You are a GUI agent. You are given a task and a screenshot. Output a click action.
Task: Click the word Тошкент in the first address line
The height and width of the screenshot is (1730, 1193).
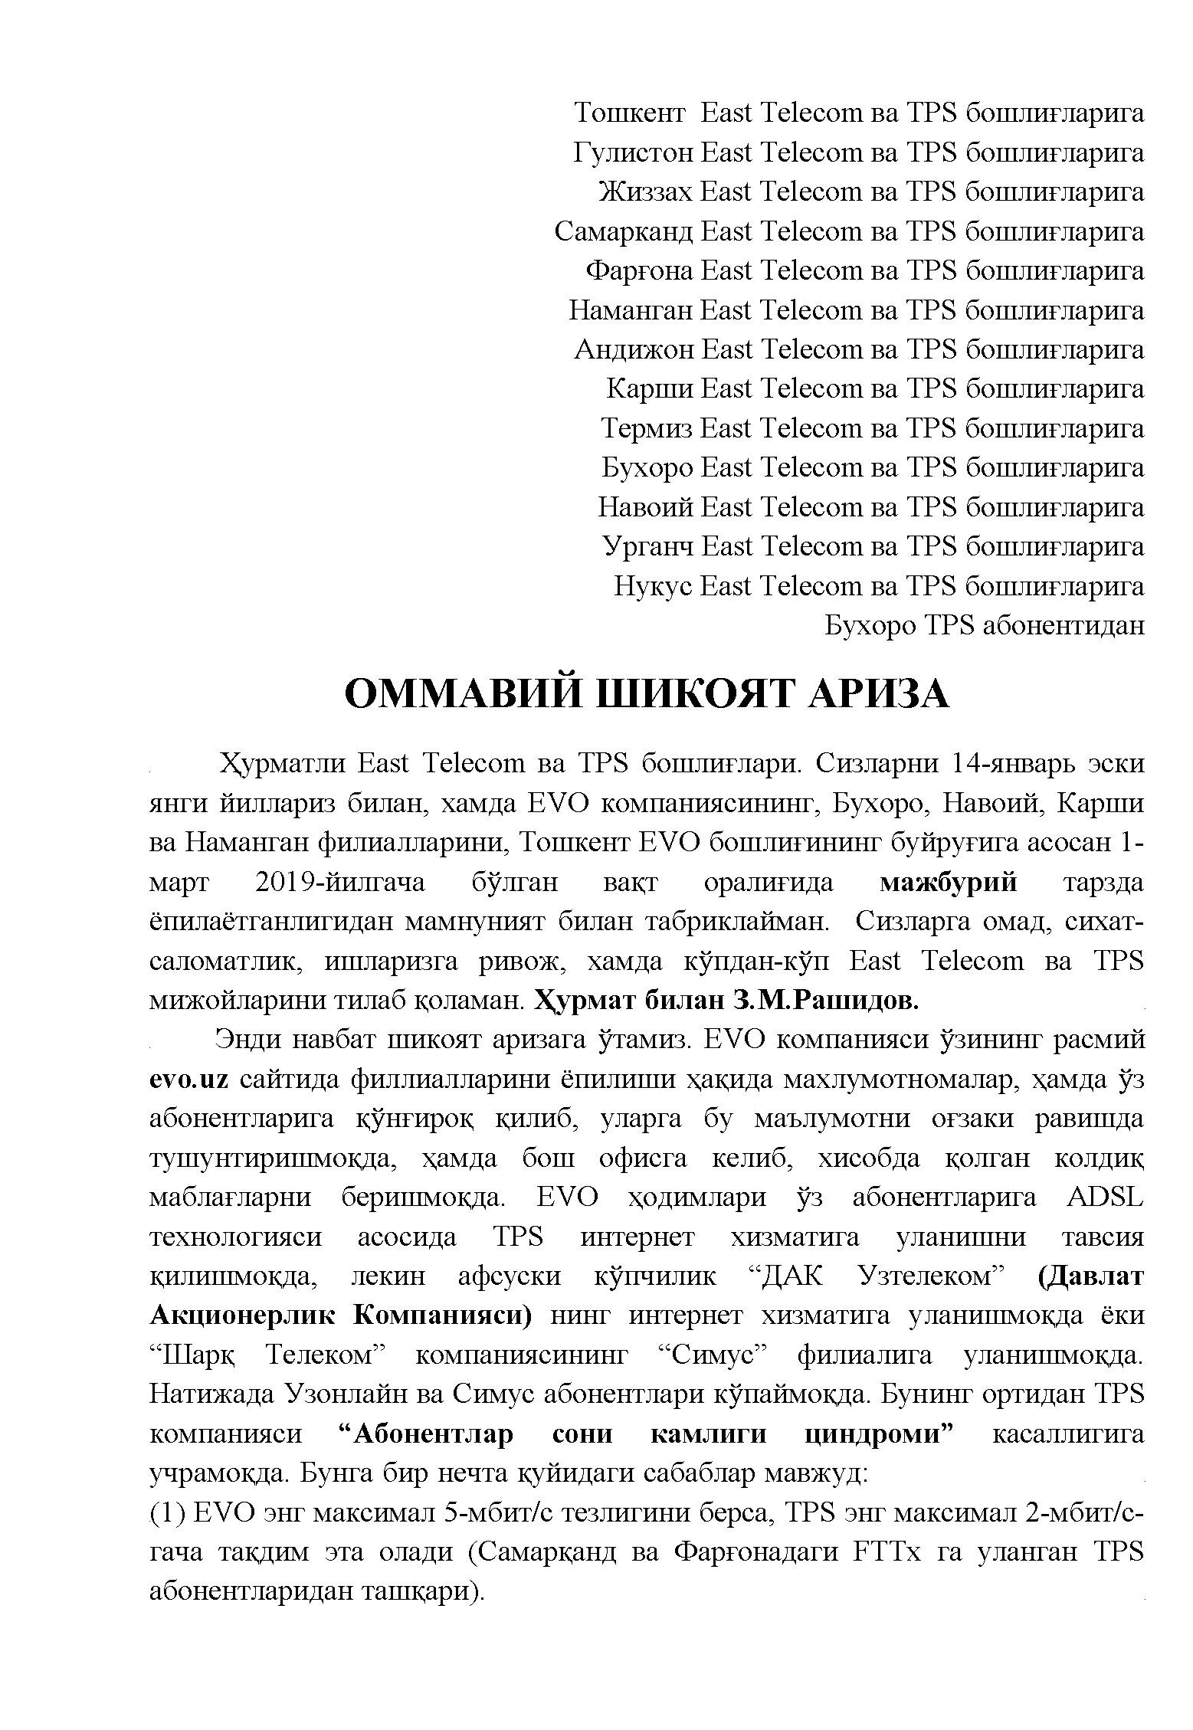coord(629,113)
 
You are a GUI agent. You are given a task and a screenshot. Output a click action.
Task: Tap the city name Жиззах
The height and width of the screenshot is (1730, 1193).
coord(647,192)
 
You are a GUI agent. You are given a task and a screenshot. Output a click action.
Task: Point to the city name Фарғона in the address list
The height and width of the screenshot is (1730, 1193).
coord(639,271)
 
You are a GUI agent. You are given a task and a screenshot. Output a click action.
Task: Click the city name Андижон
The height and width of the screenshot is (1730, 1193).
coord(634,350)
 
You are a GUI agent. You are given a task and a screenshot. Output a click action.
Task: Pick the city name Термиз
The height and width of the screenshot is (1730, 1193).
coord(647,428)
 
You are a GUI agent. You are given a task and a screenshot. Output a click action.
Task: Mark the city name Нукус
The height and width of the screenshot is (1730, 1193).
coord(654,587)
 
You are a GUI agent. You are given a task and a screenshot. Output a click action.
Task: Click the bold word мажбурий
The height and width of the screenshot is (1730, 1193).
coord(948,883)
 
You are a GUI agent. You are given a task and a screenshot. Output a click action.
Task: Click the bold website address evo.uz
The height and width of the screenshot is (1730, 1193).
coord(188,1080)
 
